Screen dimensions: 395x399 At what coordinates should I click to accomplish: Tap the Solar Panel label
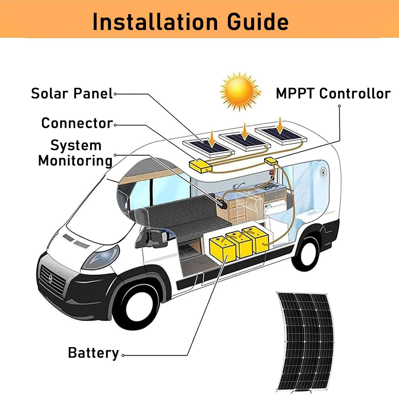point(72,93)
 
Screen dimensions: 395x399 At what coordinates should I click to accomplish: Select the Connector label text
point(77,123)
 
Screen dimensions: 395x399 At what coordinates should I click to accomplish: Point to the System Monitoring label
point(76,153)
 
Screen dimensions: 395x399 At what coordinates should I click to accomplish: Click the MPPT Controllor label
point(333,93)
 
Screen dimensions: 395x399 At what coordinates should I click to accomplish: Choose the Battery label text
point(93,353)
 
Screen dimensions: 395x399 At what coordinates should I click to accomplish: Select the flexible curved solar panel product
point(306,342)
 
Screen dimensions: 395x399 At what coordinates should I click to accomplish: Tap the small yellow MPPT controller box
point(271,161)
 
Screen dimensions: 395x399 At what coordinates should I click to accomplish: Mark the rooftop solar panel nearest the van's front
point(208,147)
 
